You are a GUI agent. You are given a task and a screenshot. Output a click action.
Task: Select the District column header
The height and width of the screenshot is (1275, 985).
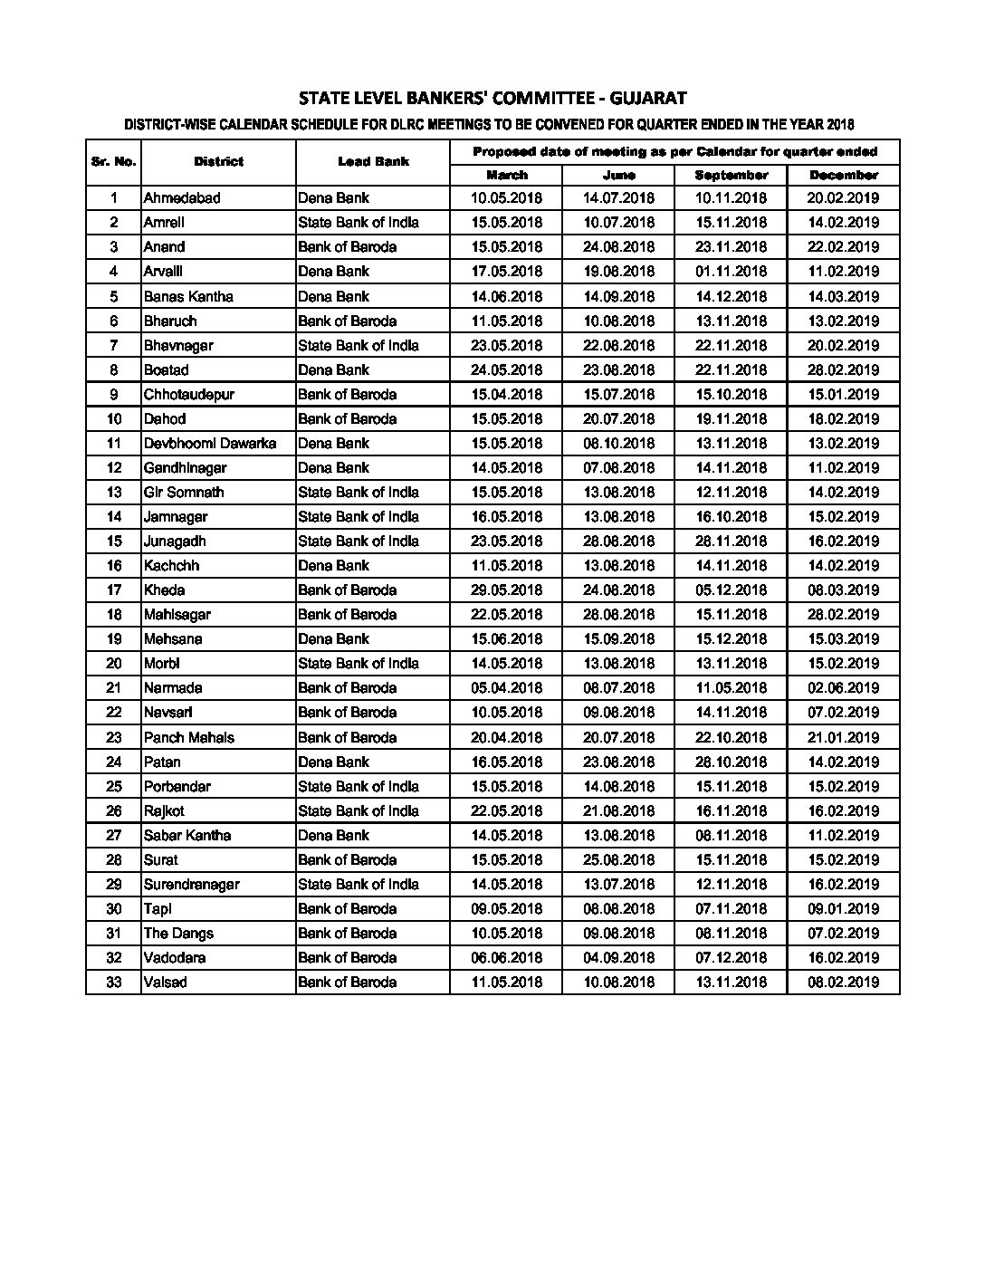tap(218, 162)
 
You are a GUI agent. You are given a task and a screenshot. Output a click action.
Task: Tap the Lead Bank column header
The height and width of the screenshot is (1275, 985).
tap(373, 162)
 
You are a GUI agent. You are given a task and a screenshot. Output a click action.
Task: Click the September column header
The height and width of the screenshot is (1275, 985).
tap(731, 176)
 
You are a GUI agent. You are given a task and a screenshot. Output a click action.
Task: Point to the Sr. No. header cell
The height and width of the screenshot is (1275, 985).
tap(114, 162)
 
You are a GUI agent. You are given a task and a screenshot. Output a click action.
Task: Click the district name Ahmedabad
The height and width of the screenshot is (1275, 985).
tap(182, 198)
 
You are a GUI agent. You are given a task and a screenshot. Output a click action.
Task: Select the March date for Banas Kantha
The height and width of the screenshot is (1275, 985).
tap(507, 296)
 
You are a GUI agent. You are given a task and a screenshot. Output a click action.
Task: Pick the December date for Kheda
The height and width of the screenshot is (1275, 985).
tap(844, 590)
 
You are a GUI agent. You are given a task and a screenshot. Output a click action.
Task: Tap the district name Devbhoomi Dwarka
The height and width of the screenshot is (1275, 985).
tap(210, 444)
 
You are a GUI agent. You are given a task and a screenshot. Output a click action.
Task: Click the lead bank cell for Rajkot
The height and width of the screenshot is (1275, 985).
tap(359, 811)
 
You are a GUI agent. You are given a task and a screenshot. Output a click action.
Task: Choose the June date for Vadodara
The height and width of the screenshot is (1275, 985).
tap(619, 958)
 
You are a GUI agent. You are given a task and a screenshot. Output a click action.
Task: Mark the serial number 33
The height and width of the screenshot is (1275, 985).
tap(114, 983)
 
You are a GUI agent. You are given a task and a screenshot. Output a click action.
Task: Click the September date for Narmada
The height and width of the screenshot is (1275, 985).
tap(731, 688)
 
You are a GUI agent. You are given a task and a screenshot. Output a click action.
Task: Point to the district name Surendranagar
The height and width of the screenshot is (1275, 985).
tap(192, 885)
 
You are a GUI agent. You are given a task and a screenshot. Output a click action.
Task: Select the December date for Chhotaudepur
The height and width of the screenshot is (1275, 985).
tap(844, 395)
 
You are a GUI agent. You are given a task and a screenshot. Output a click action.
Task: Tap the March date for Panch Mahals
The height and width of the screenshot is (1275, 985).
tap(507, 738)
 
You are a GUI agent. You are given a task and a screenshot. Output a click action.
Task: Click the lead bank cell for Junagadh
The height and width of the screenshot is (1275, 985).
tap(359, 542)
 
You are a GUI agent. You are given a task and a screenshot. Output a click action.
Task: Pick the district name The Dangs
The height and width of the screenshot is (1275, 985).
tap(178, 934)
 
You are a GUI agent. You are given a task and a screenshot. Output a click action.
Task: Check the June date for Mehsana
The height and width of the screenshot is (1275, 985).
tap(619, 639)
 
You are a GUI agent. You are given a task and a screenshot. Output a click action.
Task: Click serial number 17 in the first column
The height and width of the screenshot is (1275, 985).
tap(114, 590)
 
